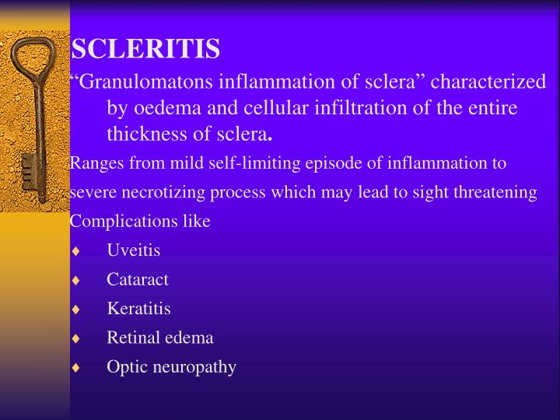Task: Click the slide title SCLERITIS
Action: coord(145,50)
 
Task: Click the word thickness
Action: coord(148,135)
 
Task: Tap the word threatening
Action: coord(497,192)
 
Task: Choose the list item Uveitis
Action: coord(134,250)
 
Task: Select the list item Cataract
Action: coord(138,279)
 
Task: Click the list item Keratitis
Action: coord(139,308)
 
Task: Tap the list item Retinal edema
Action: coord(160,338)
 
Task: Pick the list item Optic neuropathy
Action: coord(172,366)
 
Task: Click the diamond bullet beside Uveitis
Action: coord(75,250)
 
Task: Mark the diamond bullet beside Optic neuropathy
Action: coord(75,367)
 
